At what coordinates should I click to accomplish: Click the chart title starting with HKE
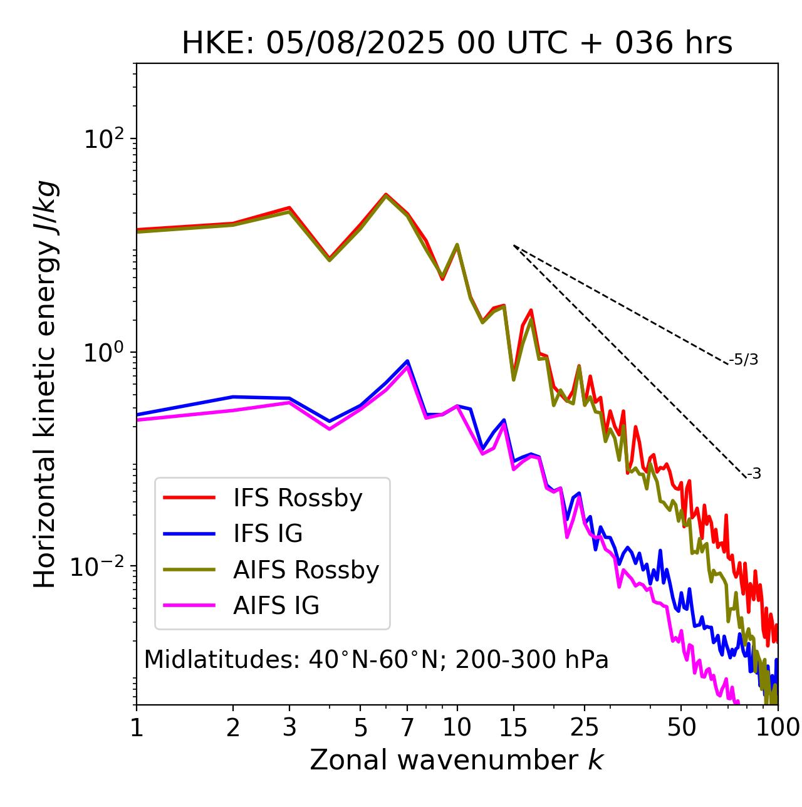[457, 44]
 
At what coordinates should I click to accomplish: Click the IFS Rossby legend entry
[298, 498]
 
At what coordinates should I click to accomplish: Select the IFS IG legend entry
[268, 534]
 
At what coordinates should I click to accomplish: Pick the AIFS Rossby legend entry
[306, 570]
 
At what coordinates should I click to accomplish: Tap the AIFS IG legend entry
[276, 606]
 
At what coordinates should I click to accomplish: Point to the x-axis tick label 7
[407, 727]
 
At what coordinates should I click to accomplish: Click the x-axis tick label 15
[514, 727]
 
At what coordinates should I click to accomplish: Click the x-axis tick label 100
[777, 727]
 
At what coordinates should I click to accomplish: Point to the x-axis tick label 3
[289, 727]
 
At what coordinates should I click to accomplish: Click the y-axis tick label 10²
[104, 139]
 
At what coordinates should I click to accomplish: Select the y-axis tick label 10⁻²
[100, 566]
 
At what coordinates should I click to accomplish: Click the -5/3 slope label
[744, 360]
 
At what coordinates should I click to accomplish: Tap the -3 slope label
[754, 474]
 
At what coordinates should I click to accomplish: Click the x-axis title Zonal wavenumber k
[457, 760]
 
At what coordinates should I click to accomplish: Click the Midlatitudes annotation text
[376, 660]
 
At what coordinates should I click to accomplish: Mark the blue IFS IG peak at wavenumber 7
[407, 361]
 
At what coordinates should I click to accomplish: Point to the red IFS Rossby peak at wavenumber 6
[386, 194]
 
